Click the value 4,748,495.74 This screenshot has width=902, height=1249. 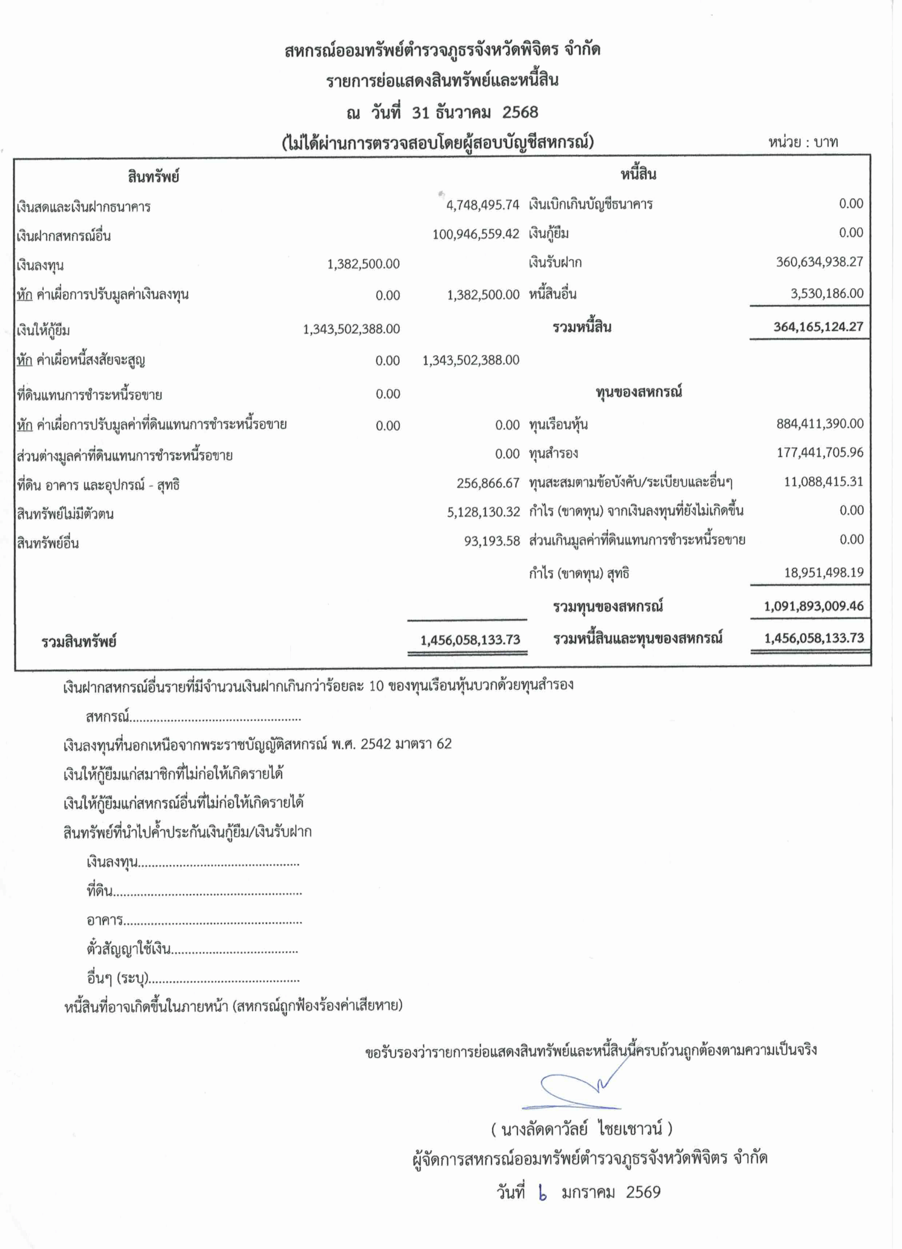pos(482,205)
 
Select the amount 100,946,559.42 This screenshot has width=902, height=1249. pos(475,234)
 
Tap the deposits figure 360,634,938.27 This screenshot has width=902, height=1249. pos(820,262)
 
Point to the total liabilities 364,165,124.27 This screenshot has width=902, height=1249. pos(818,326)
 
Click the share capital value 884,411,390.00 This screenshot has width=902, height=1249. pos(820,423)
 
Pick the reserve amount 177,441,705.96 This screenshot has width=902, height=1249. pos(820,453)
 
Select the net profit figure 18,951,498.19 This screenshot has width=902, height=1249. pos(824,573)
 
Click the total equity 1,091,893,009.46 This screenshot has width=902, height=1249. pos(813,606)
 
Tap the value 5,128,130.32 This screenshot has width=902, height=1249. pos(483,512)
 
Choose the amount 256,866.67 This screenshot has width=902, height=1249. pos(488,483)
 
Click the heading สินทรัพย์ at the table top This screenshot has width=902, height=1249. pos(153,177)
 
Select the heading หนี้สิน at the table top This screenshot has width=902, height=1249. pos(638,175)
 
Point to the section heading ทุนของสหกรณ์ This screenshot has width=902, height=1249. pos(638,392)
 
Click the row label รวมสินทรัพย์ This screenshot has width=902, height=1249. pos(79,642)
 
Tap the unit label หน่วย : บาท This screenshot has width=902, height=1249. pos(803,142)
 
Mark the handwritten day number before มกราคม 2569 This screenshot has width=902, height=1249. pos(543,1192)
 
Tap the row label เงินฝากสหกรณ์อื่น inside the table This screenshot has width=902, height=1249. pos(64,236)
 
